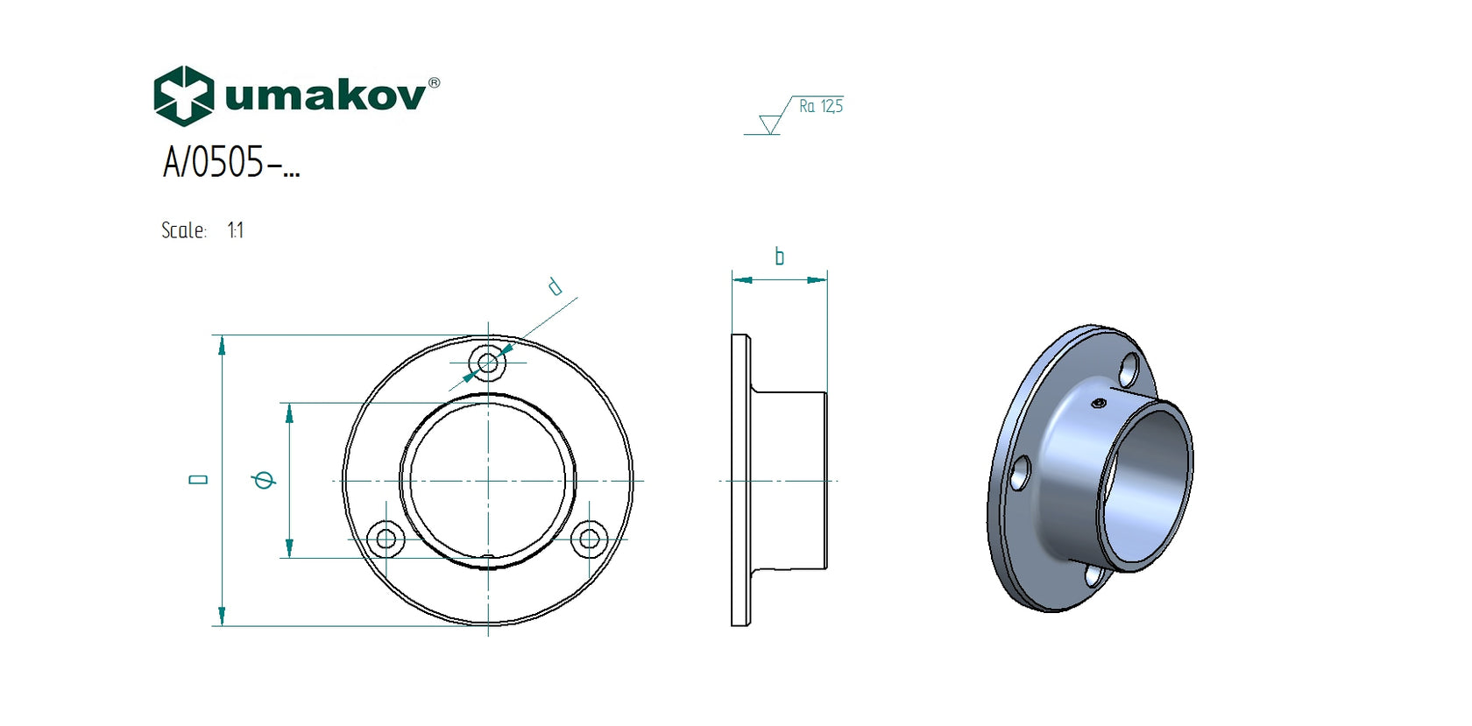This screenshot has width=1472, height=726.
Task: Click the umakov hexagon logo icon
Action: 183,95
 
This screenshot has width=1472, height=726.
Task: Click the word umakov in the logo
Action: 325,95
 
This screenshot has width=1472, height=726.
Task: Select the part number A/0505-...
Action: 230,163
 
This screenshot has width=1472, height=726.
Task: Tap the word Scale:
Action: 184,230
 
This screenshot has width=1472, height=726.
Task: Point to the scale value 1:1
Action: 235,230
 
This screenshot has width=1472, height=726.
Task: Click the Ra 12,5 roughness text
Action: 820,106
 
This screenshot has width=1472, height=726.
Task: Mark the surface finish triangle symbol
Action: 770,124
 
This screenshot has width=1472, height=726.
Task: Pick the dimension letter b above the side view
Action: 779,257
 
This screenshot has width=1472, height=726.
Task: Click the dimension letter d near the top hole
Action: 555,286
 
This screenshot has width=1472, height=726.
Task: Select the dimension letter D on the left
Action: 199,480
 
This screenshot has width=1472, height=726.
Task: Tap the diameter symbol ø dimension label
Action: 263,479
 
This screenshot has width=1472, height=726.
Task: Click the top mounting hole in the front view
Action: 488,363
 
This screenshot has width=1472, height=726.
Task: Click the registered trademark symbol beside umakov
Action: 434,83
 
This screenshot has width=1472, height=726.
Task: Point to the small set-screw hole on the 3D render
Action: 1099,403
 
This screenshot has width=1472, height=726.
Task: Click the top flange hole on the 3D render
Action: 1129,370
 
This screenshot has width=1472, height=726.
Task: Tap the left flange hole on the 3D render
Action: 1020,474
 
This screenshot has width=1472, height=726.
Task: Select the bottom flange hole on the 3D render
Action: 1094,575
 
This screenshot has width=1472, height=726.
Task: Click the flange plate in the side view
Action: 740,480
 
